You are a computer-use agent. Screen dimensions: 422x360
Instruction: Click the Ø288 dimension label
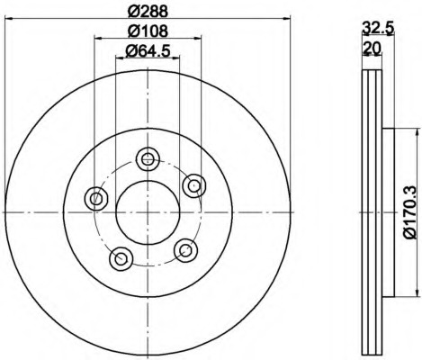[x=148, y=12]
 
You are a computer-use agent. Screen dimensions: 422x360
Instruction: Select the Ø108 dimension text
[x=148, y=31]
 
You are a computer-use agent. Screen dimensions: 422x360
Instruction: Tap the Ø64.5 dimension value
[x=148, y=50]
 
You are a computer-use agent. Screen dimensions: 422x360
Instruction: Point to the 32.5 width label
[x=377, y=29]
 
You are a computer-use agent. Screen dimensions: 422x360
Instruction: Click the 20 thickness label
[x=372, y=48]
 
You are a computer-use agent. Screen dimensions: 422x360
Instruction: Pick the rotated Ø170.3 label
[x=410, y=212]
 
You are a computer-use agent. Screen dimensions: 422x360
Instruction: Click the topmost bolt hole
[x=148, y=159]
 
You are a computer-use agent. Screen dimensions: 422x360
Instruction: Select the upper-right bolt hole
[x=194, y=185]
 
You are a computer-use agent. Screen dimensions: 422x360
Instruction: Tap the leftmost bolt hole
[x=96, y=198]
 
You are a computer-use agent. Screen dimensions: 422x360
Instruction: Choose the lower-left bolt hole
[x=121, y=258]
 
